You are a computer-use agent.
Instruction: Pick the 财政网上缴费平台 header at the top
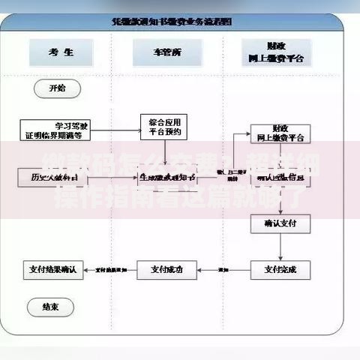(x=279, y=52)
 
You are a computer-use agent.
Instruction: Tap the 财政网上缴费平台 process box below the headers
(x=279, y=133)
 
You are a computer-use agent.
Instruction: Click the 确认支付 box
(x=279, y=223)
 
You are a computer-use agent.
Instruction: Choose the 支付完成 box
(x=279, y=268)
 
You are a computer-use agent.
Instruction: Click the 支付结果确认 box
(x=52, y=268)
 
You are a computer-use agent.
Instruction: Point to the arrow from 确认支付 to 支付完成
(x=279, y=246)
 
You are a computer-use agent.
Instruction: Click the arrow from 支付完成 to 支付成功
(x=223, y=268)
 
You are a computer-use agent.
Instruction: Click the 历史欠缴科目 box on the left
(x=52, y=177)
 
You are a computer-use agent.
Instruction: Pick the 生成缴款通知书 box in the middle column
(x=166, y=177)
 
